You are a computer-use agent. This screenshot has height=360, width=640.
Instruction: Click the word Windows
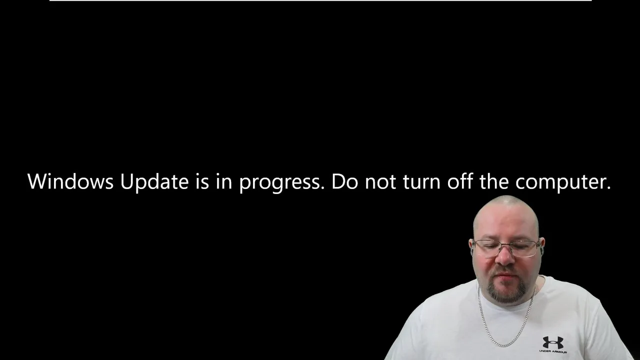70,181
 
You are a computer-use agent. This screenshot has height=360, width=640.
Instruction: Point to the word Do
344,181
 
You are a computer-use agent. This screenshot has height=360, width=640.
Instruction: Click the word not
380,182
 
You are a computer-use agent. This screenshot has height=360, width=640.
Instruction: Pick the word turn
421,182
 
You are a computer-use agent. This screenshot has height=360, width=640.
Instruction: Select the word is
202,181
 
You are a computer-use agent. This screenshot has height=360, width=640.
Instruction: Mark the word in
224,181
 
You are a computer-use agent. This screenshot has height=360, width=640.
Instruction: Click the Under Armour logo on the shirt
553,342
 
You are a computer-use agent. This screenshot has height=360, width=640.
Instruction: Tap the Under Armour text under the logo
553,351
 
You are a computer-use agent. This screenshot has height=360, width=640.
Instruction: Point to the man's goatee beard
507,288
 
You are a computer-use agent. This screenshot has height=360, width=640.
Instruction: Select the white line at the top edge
320,0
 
